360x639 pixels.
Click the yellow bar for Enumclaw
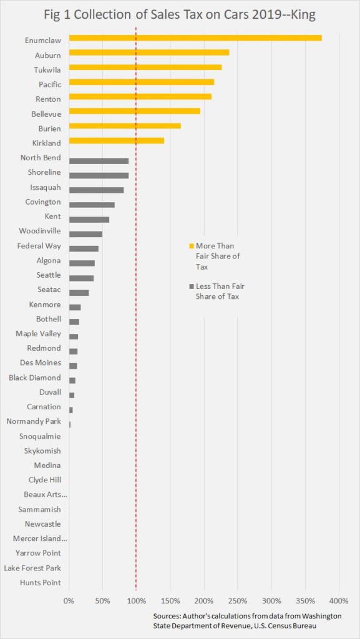pyautogui.click(x=195, y=38)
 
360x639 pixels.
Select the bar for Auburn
pyautogui.click(x=149, y=52)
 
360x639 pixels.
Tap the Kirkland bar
pyautogui.click(x=117, y=140)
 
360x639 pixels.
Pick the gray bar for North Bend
pyautogui.click(x=99, y=161)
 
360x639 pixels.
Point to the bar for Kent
pyautogui.click(x=89, y=220)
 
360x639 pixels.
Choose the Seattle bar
pyautogui.click(x=82, y=278)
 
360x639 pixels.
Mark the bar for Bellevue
pyautogui.click(x=135, y=111)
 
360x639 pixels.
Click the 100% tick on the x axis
pyautogui.click(x=136, y=600)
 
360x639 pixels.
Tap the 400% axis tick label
pyautogui.click(x=339, y=600)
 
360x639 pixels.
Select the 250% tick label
pyautogui.click(x=238, y=600)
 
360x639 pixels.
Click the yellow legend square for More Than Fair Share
pyautogui.click(x=192, y=246)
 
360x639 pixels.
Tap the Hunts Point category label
pyautogui.click(x=41, y=583)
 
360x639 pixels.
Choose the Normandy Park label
pyautogui.click(x=34, y=421)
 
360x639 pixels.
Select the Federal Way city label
pyautogui.click(x=39, y=246)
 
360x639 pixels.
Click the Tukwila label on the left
pyautogui.click(x=47, y=70)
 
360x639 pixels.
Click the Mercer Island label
pyautogui.click(x=39, y=539)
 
